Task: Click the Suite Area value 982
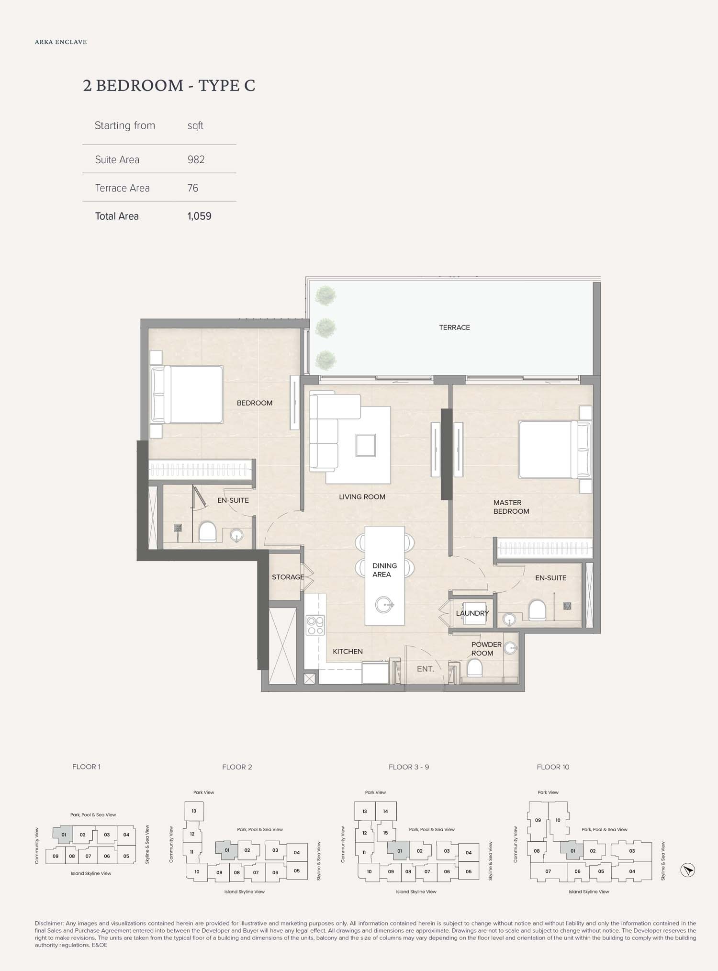tap(196, 159)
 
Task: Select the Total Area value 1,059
tap(199, 216)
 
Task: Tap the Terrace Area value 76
tap(192, 188)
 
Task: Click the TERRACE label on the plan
tap(454, 327)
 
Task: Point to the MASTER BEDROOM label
tap(511, 507)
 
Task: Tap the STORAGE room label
tap(288, 577)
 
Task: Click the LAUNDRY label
tap(472, 613)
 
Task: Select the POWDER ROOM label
tap(486, 649)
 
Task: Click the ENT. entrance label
tap(425, 669)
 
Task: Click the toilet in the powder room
tap(474, 667)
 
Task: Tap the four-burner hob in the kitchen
tap(315, 625)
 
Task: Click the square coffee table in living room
tap(365, 445)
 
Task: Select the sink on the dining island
tap(384, 605)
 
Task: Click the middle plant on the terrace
tap(326, 328)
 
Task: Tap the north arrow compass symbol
tap(687, 870)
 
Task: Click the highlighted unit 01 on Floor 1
tap(63, 835)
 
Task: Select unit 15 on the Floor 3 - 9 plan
tap(385, 833)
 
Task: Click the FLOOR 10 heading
tap(552, 767)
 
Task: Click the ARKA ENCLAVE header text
tap(61, 42)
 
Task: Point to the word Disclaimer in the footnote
tap(49, 923)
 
